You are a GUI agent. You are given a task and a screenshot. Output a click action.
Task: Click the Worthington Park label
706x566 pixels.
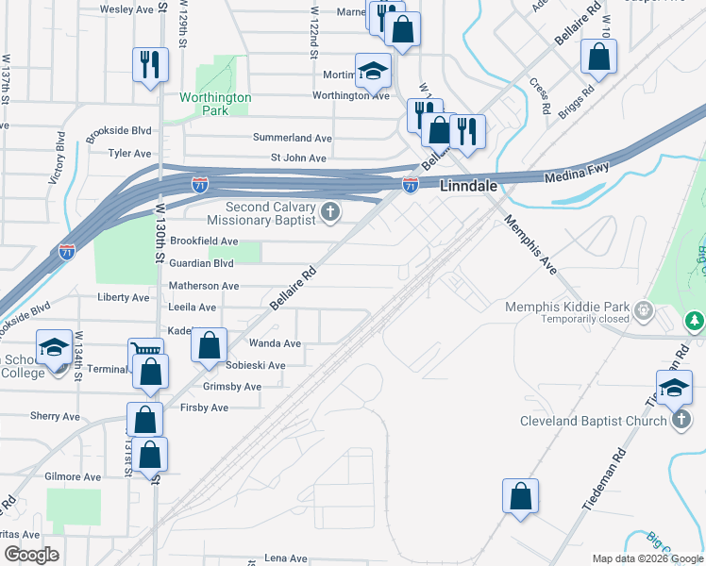pos(216,103)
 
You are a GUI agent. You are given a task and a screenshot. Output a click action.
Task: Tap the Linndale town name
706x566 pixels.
pos(469,187)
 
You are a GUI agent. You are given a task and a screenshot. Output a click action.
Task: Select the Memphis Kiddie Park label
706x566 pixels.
pos(566,307)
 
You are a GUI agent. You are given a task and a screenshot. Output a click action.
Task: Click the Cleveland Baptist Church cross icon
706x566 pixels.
pos(682,420)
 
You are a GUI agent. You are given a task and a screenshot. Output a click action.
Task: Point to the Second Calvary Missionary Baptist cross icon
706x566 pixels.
pos(330,212)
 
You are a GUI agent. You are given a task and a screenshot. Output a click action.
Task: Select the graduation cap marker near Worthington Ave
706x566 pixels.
pos(373,71)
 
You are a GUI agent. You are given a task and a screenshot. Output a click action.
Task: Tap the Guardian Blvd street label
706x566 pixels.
pos(201,263)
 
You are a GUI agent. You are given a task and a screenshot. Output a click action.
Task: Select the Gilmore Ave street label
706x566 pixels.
pos(73,477)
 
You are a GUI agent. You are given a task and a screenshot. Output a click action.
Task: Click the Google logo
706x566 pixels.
pos(31,554)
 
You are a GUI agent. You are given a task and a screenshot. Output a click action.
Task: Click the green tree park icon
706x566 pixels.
pos(697,322)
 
